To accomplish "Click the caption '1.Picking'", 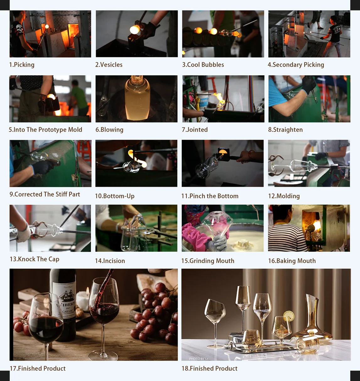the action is pyautogui.click(x=22, y=65).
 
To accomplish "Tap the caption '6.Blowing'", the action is pyautogui.click(x=110, y=130).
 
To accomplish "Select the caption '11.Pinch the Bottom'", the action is pyautogui.click(x=210, y=196).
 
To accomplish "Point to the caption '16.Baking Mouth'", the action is pyautogui.click(x=292, y=261).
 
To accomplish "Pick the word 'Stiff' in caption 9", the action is pyautogui.click(x=59, y=194).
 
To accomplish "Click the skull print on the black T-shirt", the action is pyautogui.click(x=19, y=29).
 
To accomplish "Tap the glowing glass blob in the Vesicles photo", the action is pyautogui.click(x=135, y=30).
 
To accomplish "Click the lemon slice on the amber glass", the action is pyautogui.click(x=289, y=316).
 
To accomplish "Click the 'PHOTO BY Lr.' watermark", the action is pyautogui.click(x=199, y=358).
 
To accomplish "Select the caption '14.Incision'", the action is pyautogui.click(x=110, y=261).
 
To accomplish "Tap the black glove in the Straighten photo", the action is pyautogui.click(x=309, y=84).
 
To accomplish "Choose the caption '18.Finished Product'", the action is pyautogui.click(x=210, y=368).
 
